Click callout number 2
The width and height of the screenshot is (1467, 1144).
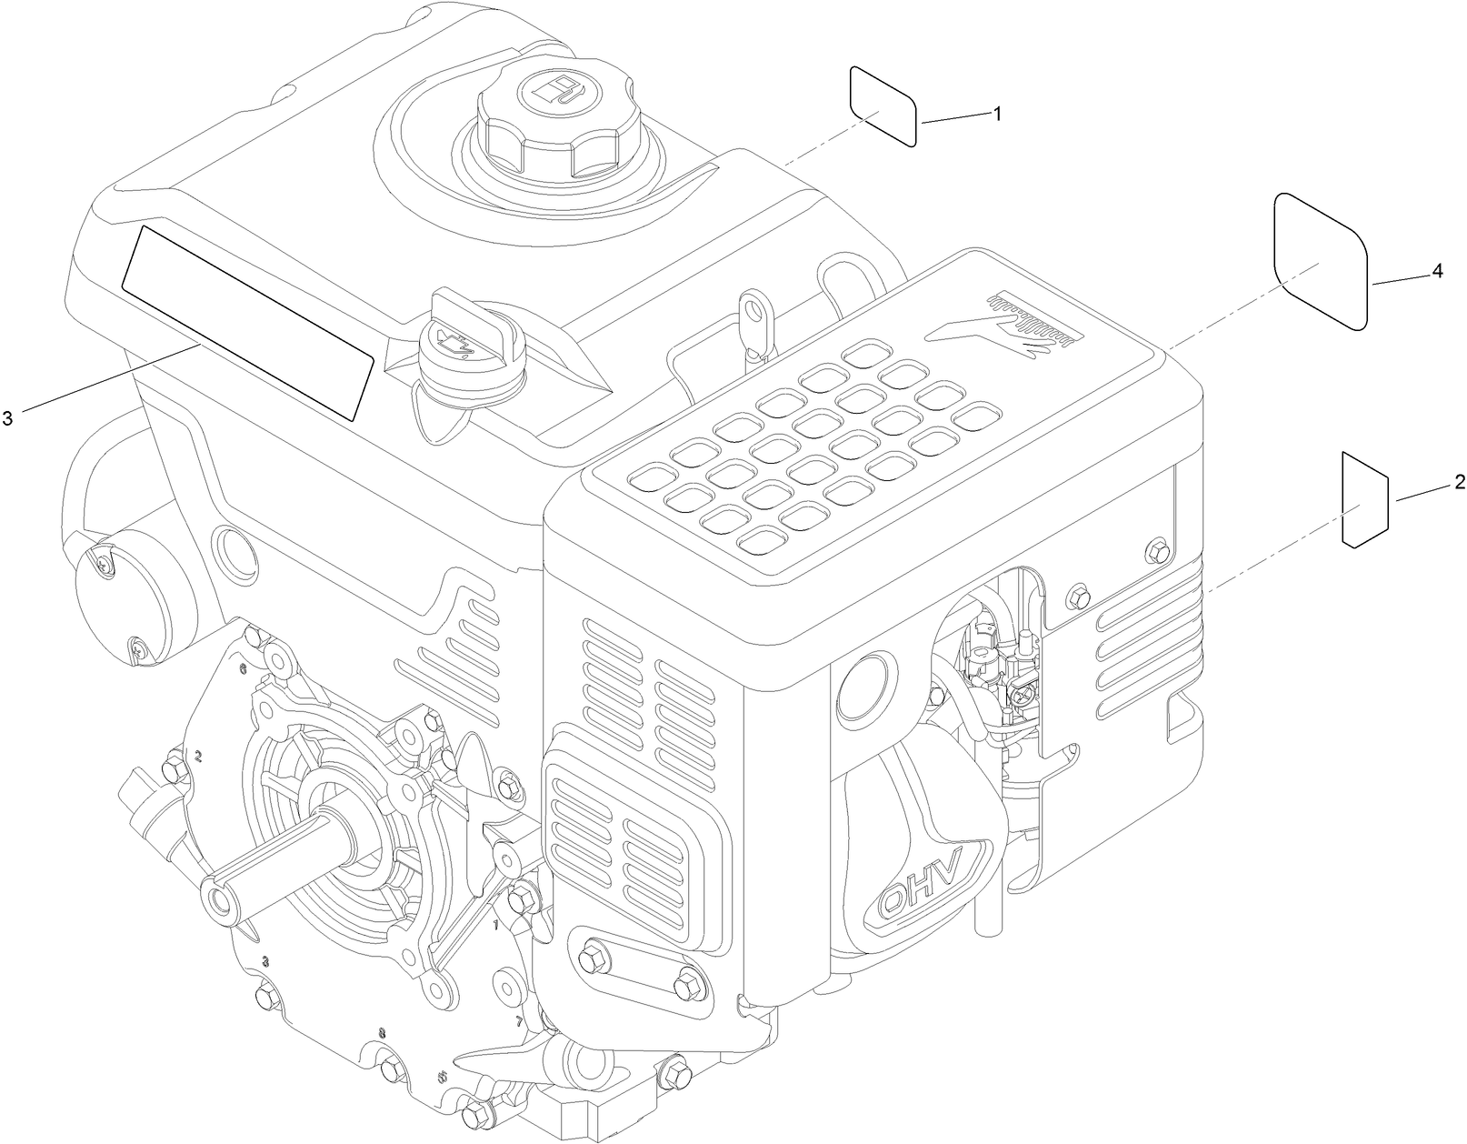[x=1460, y=482]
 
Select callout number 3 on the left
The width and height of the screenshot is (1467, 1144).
[x=7, y=417]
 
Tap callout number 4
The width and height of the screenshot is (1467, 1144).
[x=1437, y=271]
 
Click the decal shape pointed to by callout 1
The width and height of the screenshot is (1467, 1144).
[x=883, y=105]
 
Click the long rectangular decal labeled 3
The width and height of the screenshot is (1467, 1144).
[x=247, y=323]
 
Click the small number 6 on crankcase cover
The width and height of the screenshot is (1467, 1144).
[x=243, y=668]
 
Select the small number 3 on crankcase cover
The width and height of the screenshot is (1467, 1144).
[x=264, y=960]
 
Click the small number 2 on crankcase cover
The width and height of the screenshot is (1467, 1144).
[x=198, y=755]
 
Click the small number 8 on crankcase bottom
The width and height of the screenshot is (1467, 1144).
[x=382, y=1033]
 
